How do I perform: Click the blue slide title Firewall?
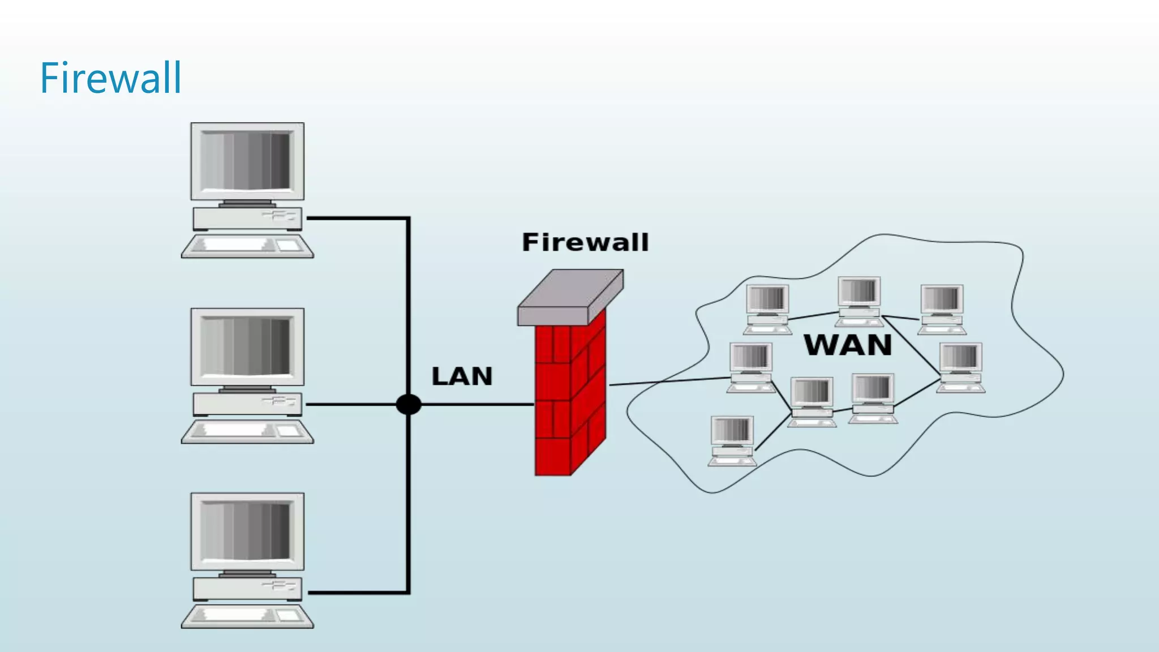(111, 78)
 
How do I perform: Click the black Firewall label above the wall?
(585, 242)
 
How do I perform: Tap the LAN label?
(462, 376)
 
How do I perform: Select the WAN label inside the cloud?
(847, 345)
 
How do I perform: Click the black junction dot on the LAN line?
(408, 405)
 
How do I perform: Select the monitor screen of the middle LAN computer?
(247, 346)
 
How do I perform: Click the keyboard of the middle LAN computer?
(247, 431)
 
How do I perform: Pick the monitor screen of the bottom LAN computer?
(247, 531)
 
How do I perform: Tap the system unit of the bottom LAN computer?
(247, 589)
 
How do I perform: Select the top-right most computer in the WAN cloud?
(942, 308)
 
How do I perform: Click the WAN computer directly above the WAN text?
(859, 301)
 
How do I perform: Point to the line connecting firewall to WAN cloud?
(668, 381)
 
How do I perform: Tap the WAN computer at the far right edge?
(961, 367)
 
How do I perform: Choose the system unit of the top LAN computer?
(247, 218)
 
